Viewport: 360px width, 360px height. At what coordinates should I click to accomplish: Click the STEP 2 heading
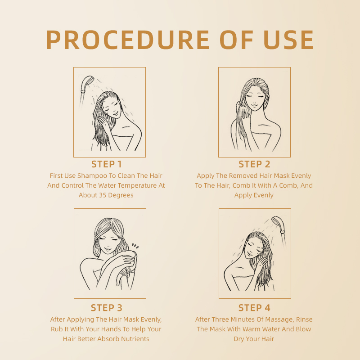[254, 164]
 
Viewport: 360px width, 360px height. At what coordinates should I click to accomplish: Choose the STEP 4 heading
[254, 308]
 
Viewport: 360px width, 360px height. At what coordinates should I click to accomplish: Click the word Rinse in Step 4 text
[303, 319]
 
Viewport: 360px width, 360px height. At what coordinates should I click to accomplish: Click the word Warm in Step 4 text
[259, 329]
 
